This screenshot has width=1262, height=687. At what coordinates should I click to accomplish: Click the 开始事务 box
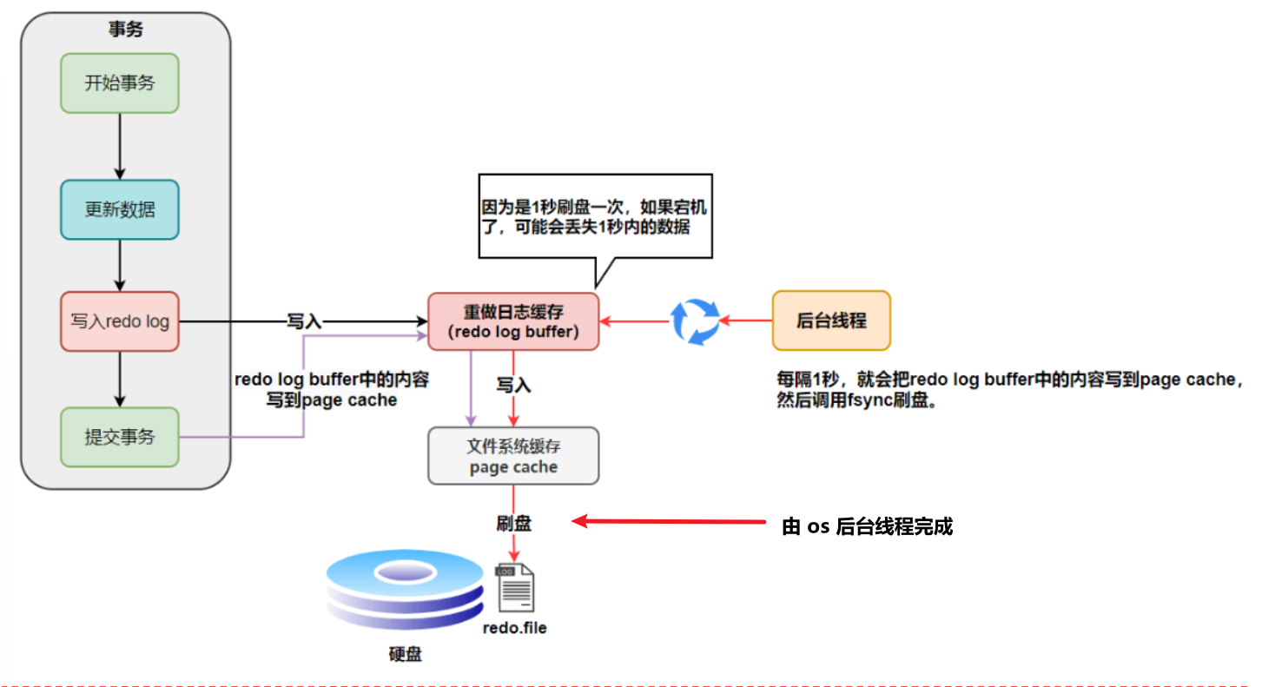120,83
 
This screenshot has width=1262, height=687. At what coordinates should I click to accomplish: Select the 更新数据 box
120,209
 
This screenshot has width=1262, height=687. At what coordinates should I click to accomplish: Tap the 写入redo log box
120,321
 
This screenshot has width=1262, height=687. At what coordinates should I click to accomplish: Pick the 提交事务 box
120,437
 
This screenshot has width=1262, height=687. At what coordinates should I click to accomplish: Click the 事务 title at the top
126,30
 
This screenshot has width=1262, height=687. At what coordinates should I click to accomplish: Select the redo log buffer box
513,321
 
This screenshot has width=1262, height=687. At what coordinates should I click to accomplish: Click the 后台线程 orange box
831,320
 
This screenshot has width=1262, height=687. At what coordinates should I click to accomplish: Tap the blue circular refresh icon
696,321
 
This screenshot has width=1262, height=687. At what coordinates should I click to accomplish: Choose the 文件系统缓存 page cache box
513,456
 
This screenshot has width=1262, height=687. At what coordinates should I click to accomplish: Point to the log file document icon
514,587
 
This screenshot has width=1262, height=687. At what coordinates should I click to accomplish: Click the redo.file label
515,627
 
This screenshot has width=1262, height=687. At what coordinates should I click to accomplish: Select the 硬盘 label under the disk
405,654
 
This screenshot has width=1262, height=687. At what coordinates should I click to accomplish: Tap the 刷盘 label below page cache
514,523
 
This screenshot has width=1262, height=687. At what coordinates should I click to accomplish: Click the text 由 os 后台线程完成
868,526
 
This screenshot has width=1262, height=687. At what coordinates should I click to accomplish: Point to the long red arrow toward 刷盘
669,521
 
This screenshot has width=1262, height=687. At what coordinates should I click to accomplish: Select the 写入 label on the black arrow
304,321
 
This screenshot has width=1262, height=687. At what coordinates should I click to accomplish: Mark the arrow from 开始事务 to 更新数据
120,146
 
